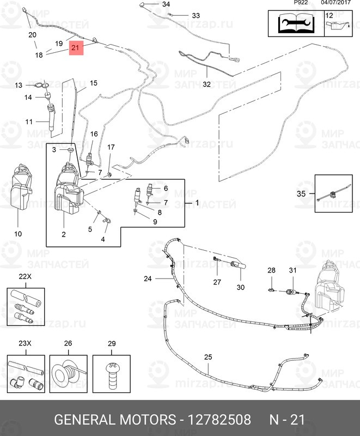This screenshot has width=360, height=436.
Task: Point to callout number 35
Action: [301, 193]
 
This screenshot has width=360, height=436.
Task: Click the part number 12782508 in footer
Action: [219, 420]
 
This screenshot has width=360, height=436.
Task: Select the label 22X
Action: [25, 276]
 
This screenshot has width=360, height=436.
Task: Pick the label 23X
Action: [25, 344]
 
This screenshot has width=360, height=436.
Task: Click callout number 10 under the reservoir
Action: [18, 234]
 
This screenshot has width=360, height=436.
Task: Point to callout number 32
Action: [206, 84]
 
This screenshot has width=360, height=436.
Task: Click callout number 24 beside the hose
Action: [148, 278]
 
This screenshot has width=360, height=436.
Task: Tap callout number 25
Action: [208, 357]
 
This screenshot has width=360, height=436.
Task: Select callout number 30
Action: [241, 287]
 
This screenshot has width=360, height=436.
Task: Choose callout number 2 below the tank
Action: [64, 235]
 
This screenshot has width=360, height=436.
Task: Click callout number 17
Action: [111, 147]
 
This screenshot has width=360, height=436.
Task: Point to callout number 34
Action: [166, 4]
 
